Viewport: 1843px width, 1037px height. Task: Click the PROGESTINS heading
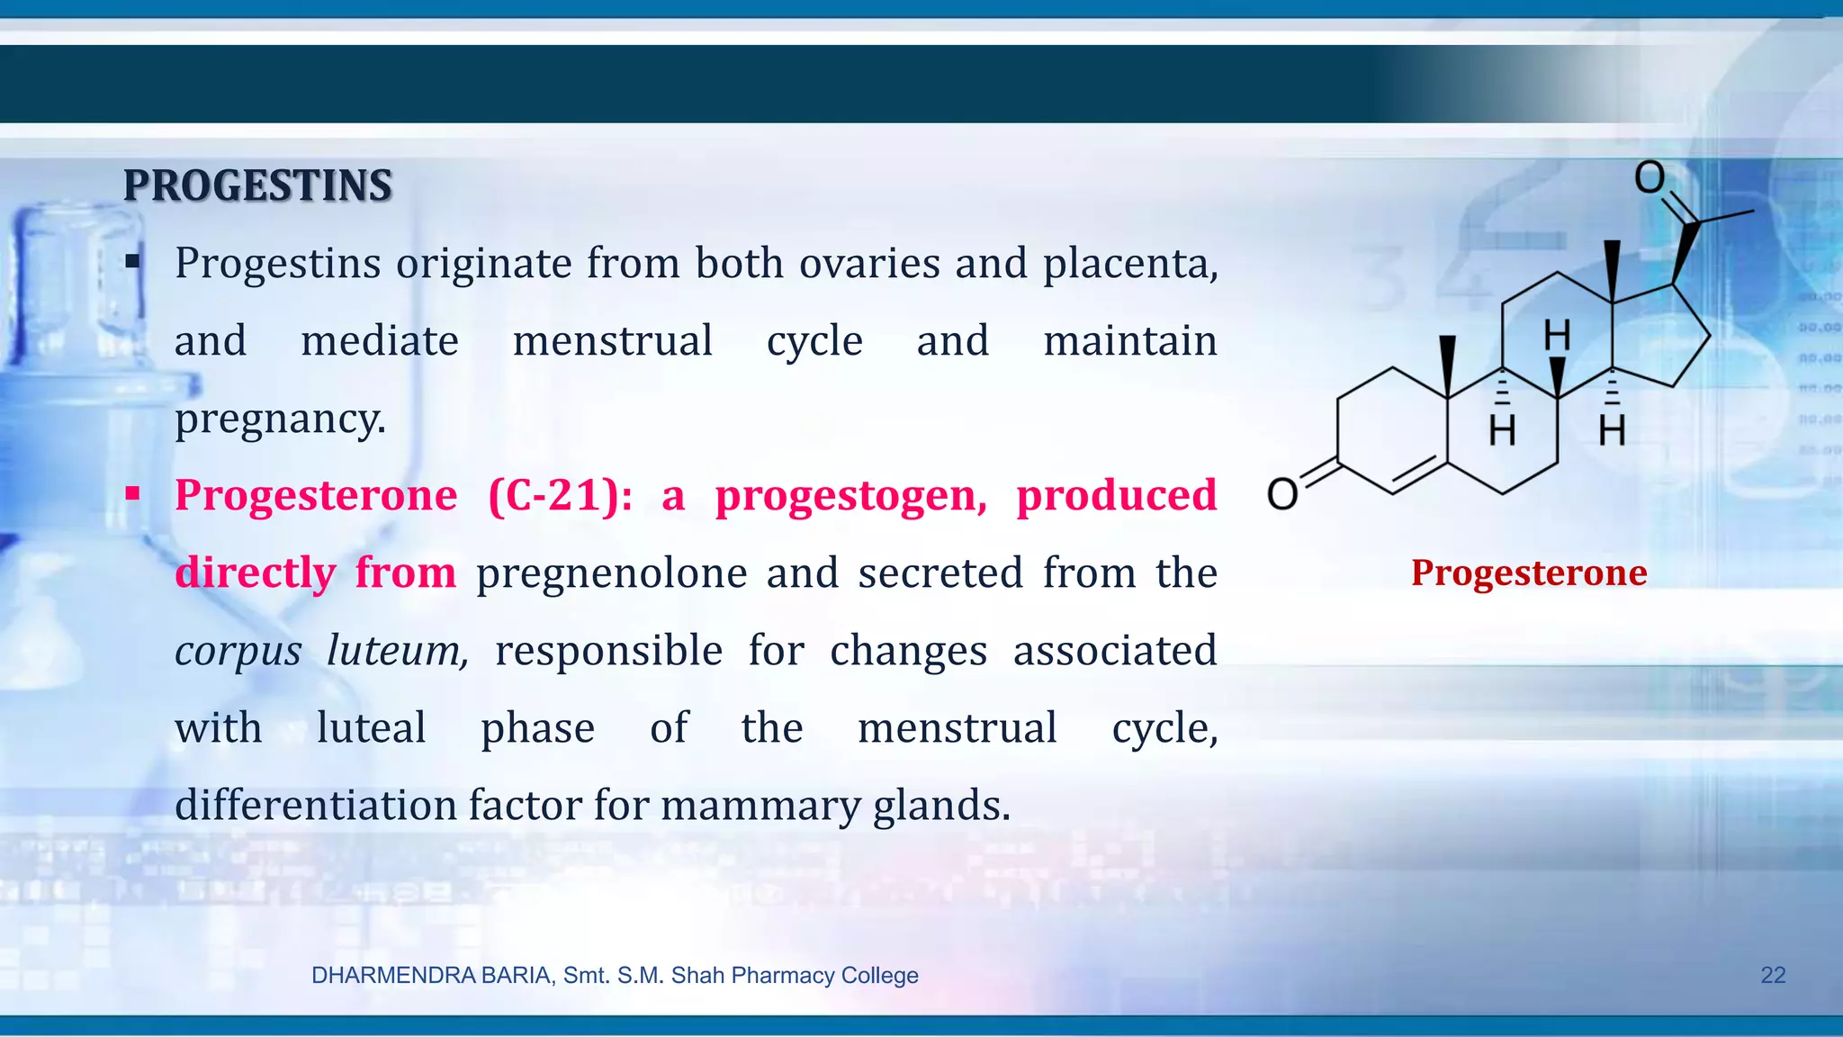click(257, 186)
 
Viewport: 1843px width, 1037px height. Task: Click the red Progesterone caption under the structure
click(1529, 573)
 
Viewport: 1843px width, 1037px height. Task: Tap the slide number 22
click(1772, 975)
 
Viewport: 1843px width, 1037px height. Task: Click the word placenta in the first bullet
click(1129, 264)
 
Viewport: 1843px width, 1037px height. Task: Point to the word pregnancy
click(280, 419)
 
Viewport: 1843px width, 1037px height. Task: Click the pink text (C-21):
click(560, 496)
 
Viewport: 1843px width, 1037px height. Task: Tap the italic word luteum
click(397, 651)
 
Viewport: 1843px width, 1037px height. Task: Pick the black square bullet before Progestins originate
click(133, 262)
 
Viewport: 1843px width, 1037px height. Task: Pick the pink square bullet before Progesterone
click(133, 493)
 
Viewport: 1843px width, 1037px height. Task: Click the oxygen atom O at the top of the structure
click(1650, 177)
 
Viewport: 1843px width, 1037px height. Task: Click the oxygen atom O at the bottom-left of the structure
click(1282, 493)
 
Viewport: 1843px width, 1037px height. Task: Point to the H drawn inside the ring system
click(1557, 336)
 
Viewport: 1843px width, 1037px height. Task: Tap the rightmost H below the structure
click(1612, 431)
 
